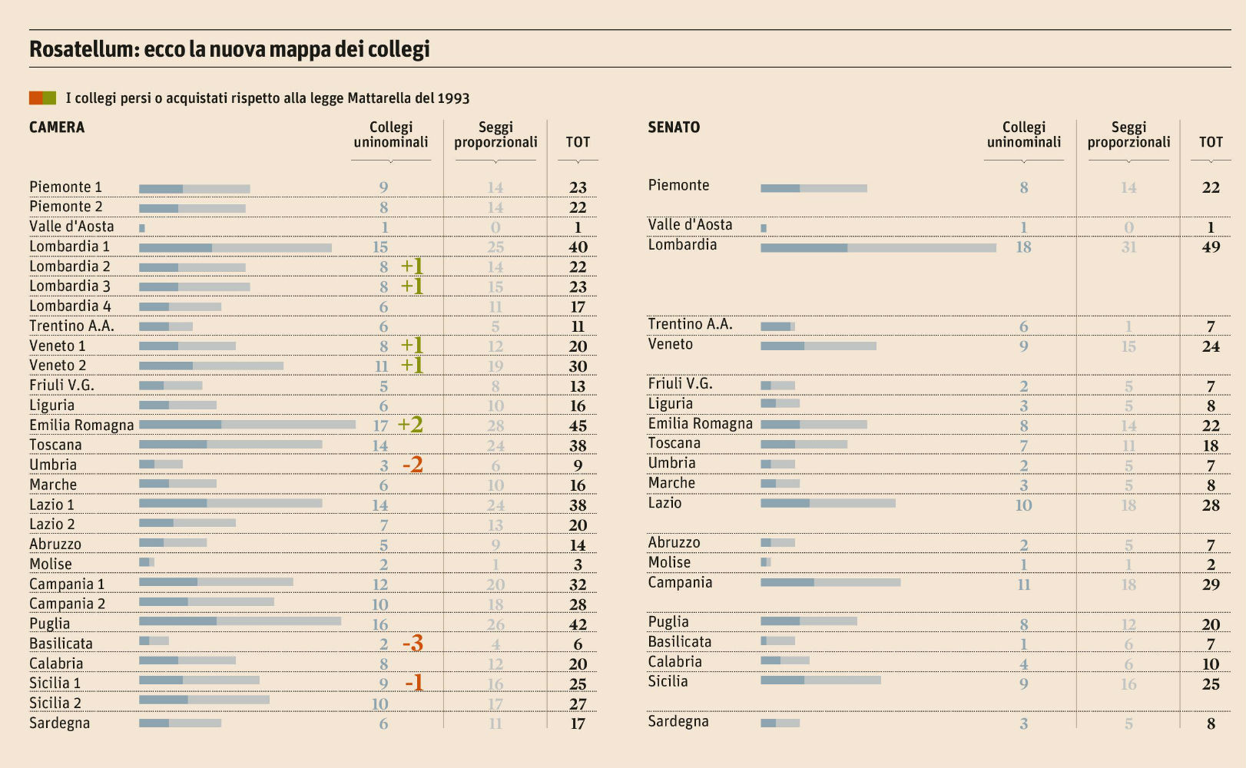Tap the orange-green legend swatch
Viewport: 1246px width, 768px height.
tap(42, 98)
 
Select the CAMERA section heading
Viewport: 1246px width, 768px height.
tap(57, 127)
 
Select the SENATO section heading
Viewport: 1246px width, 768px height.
tap(674, 127)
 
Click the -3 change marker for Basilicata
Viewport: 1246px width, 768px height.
tap(413, 644)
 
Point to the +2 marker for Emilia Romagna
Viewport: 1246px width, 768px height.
tap(410, 425)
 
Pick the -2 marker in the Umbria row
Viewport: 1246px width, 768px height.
tap(413, 465)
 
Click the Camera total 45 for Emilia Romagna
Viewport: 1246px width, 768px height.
tap(578, 425)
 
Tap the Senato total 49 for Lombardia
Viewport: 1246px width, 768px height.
tap(1211, 247)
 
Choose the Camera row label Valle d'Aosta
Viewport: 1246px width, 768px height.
tap(71, 227)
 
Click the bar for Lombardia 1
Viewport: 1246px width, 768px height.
tap(235, 247)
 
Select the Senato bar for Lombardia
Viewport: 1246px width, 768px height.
tap(878, 247)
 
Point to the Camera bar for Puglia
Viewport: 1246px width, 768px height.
tap(240, 621)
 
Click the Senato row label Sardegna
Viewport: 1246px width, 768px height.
tap(678, 721)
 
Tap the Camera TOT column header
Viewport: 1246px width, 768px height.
tap(578, 142)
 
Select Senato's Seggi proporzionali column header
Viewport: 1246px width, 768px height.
tap(1128, 134)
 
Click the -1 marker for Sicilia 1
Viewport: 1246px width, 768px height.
tap(414, 683)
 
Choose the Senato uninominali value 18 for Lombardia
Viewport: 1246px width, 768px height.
tap(1023, 247)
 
